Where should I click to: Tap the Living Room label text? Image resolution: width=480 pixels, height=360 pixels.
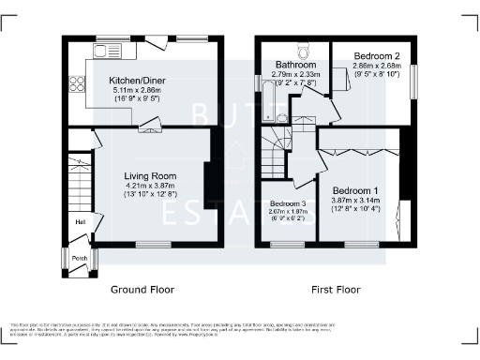pyautogui.click(x=150, y=175)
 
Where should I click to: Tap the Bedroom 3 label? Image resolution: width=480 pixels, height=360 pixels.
pyautogui.click(x=288, y=203)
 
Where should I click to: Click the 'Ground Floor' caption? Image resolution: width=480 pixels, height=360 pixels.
pyautogui.click(x=143, y=290)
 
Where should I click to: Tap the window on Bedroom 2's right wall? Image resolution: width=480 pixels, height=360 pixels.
pyautogui.click(x=412, y=79)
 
